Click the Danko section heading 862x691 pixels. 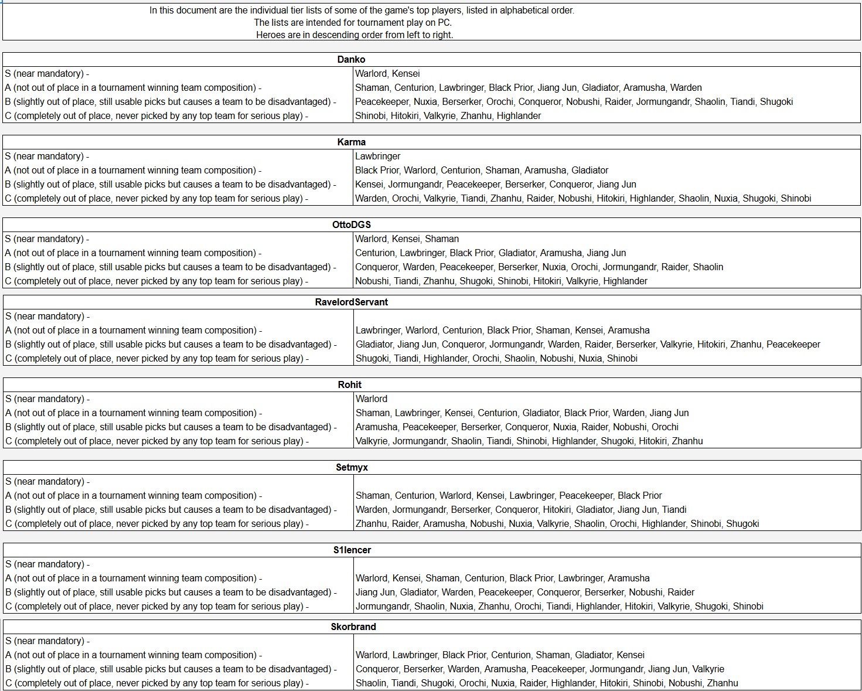(351, 59)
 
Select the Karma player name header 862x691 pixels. (352, 142)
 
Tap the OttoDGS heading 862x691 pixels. (352, 224)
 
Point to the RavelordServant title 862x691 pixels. (352, 302)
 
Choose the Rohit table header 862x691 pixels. (350, 384)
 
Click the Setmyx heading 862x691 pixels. (352, 467)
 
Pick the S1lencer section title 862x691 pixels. (352, 550)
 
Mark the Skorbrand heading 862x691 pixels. (353, 627)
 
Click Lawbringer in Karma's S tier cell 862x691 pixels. (378, 156)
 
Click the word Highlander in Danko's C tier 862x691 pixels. (519, 115)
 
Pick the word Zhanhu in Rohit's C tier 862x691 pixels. (687, 441)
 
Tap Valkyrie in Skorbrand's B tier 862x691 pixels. (708, 669)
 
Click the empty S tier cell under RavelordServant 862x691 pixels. (607, 316)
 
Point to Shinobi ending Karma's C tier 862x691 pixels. (796, 198)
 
